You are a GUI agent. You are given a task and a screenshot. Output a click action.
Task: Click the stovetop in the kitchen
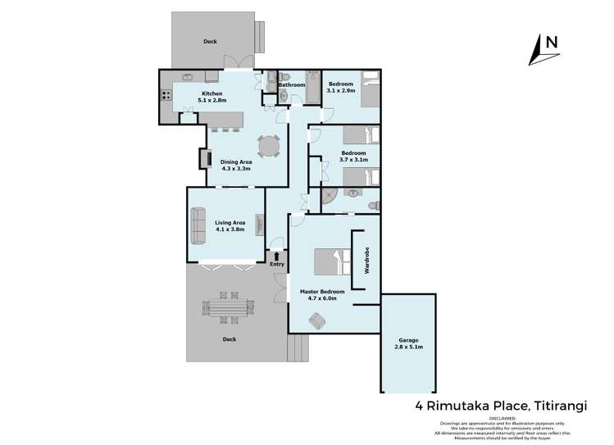(x=166, y=94)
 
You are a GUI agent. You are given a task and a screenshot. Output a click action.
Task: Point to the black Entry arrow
(x=276, y=257)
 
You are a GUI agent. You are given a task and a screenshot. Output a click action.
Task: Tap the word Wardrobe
(x=368, y=261)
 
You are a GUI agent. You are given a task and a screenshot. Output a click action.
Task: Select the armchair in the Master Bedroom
(x=315, y=322)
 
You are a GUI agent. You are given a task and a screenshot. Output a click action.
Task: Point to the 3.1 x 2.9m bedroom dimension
(x=342, y=90)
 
